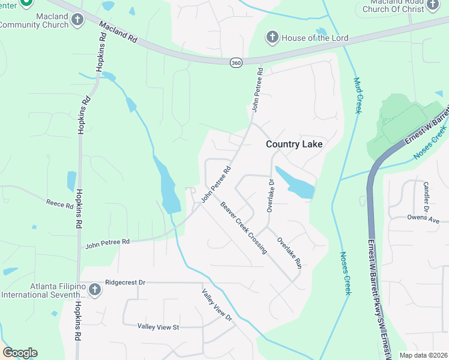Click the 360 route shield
(x=235, y=63)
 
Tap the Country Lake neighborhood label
(x=294, y=144)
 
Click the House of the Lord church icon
(x=271, y=38)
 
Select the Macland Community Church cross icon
(x=77, y=20)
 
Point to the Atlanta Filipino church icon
(x=94, y=290)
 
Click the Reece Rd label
(x=59, y=204)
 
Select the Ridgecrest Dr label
(x=125, y=281)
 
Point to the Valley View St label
(x=158, y=326)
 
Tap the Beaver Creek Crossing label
(x=243, y=227)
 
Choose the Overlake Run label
(x=288, y=252)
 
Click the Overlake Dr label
(x=270, y=196)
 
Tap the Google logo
(x=20, y=353)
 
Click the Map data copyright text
(x=424, y=355)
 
